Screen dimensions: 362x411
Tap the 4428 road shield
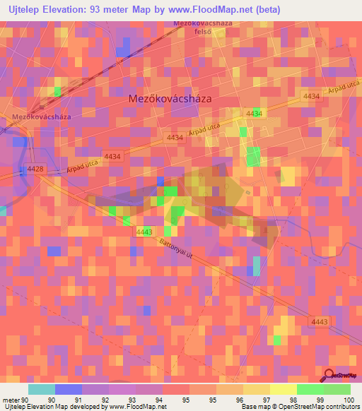click(35, 169)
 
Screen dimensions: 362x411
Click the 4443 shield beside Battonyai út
click(144, 232)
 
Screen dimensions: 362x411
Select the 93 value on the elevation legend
click(132, 399)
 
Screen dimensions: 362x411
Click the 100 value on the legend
click(350, 399)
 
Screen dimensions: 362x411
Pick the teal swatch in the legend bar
click(41, 388)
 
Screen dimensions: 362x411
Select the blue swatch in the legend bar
click(68, 388)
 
